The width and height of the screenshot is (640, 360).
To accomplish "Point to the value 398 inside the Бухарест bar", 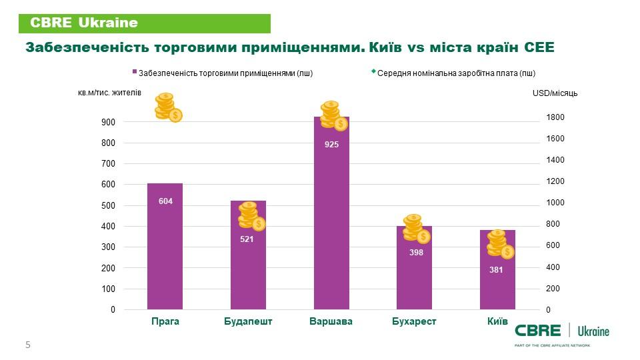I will point(414,253).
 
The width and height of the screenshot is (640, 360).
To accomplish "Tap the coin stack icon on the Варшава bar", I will point(333,115).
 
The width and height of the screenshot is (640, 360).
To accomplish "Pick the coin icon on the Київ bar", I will point(500,243).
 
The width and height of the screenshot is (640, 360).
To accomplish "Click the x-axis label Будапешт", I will point(248,321).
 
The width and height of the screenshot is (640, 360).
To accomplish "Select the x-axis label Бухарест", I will point(414,321).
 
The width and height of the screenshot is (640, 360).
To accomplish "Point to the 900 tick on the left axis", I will point(108,122).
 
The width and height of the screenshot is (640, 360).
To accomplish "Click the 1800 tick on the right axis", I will point(555,117).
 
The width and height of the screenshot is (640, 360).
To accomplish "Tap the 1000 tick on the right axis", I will point(555,203).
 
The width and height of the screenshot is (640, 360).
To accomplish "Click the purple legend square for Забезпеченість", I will point(135,73).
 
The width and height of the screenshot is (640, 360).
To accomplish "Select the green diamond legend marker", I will point(373,71).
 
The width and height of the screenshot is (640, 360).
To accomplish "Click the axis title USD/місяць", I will point(555,93).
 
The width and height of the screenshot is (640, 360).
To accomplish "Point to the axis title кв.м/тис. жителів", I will point(109,93).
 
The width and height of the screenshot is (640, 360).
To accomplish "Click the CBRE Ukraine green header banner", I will point(144,23).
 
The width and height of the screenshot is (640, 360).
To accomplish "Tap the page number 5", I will point(28,345).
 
